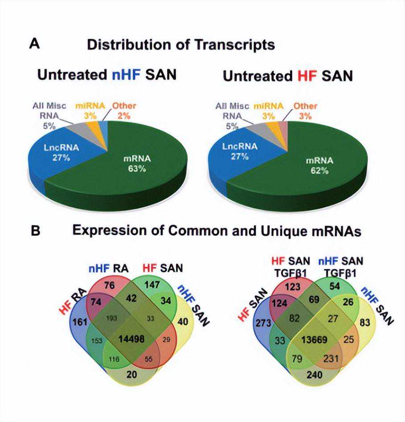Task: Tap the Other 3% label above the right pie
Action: (x=306, y=110)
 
